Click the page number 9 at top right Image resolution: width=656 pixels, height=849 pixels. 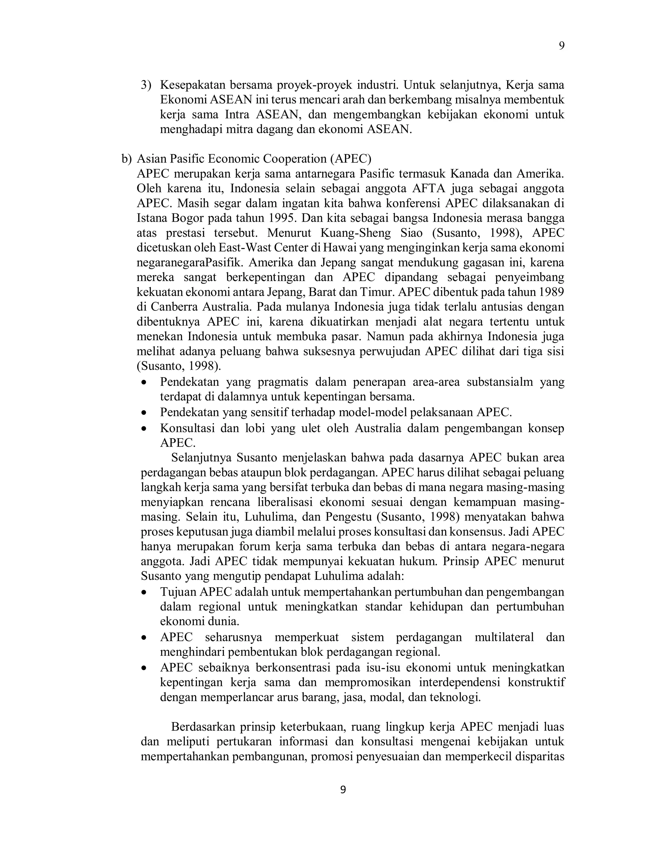coord(561,46)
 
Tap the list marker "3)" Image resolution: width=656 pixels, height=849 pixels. coord(146,85)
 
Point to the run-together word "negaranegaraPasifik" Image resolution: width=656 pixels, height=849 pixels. coord(190,262)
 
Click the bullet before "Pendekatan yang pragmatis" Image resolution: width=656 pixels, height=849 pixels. coord(144,383)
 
